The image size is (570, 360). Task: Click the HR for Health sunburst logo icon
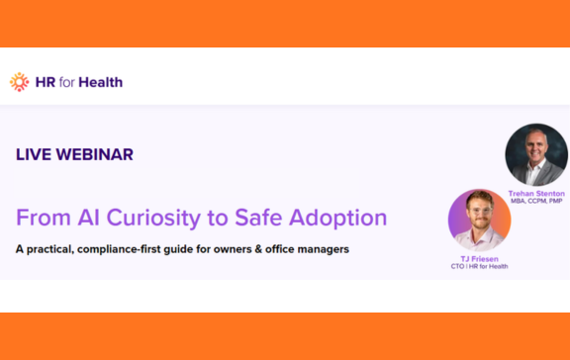tap(19, 82)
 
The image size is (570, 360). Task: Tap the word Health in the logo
tap(103, 82)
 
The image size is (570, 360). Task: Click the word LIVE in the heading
tap(35, 154)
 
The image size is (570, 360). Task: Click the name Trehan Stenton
tap(535, 193)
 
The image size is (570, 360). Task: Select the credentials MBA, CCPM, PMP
tap(535, 201)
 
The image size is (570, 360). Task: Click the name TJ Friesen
tap(479, 258)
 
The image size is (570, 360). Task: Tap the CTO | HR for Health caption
tap(479, 266)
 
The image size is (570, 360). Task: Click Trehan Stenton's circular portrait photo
tap(535, 155)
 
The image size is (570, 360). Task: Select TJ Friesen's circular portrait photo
tap(479, 220)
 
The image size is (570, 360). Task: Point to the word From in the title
tap(39, 218)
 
